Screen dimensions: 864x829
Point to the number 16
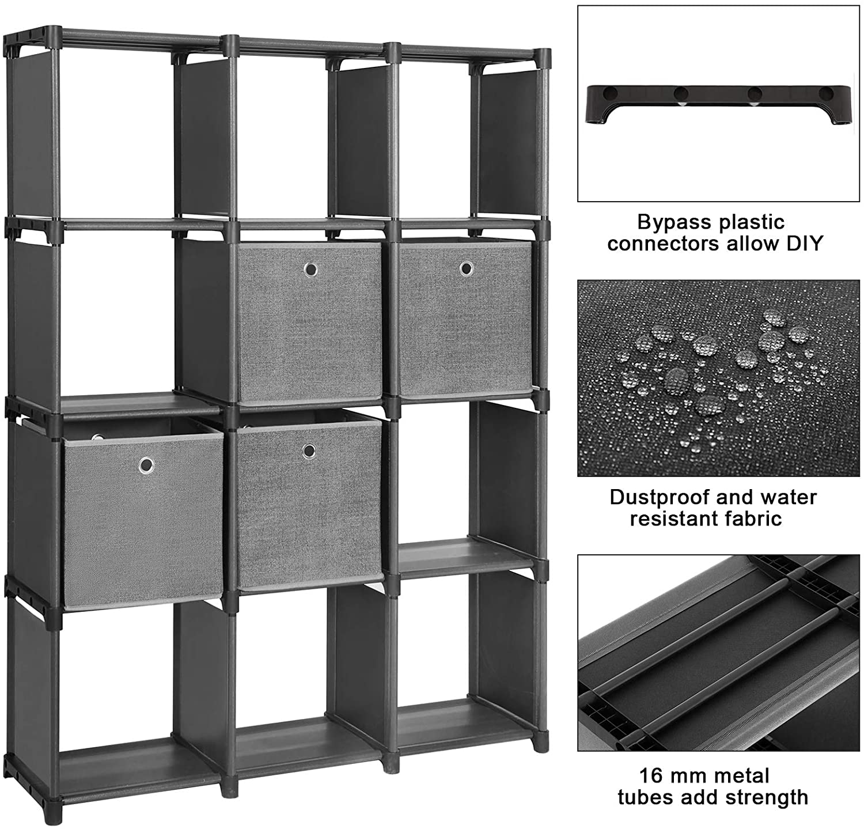click(x=650, y=776)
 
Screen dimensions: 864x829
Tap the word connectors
click(x=663, y=244)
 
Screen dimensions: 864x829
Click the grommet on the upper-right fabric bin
click(x=467, y=268)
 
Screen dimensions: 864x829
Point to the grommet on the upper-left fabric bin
click(x=311, y=269)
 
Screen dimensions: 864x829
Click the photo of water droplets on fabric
click(x=718, y=378)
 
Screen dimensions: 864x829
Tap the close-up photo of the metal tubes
click(x=718, y=653)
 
